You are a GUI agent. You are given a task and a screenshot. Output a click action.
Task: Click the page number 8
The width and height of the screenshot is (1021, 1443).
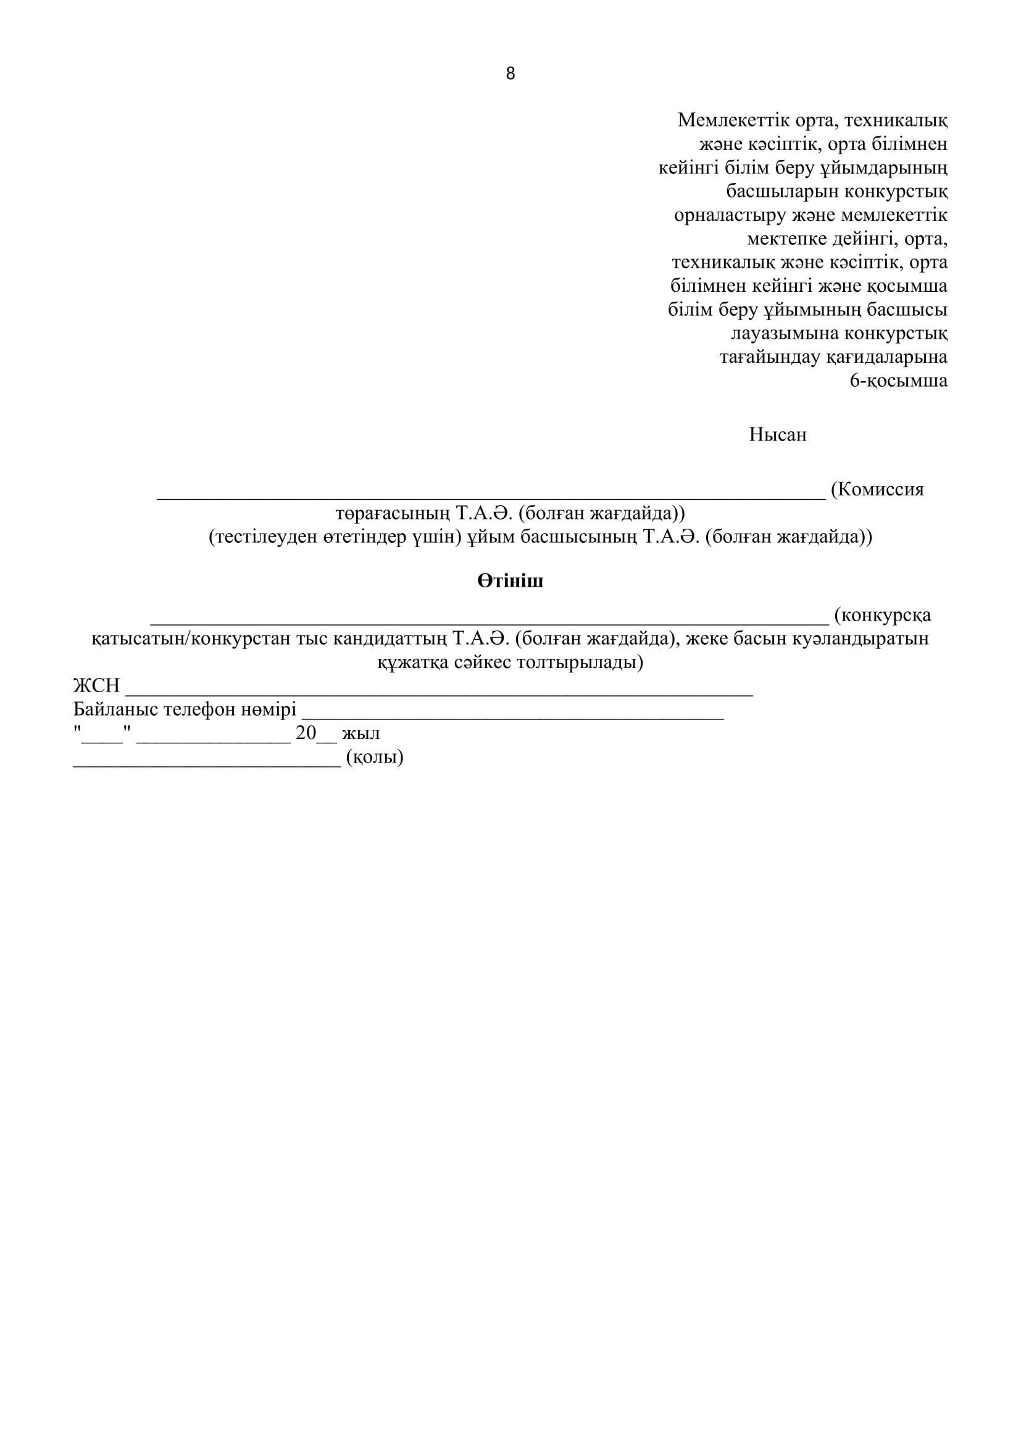point(510,74)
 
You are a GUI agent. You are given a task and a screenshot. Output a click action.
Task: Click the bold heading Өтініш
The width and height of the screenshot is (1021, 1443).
point(510,581)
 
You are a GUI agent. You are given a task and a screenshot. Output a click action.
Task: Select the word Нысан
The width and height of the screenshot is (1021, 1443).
point(777,435)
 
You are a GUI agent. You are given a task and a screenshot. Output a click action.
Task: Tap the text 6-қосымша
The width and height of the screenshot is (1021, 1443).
point(898,381)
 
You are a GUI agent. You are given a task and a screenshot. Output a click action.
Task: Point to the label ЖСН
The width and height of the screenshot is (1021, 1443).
point(96,685)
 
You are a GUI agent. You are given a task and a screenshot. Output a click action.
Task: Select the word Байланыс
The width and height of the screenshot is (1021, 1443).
point(115,709)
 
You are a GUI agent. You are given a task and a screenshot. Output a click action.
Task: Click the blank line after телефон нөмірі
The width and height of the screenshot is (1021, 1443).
point(512,715)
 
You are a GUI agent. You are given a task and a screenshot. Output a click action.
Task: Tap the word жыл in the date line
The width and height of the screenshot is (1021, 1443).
point(361,734)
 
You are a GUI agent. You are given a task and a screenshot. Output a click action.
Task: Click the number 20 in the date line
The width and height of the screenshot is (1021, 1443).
point(306,734)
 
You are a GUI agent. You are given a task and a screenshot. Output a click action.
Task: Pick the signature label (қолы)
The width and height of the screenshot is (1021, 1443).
point(375,758)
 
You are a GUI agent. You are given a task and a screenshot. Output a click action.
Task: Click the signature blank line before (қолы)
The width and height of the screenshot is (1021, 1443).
point(207,763)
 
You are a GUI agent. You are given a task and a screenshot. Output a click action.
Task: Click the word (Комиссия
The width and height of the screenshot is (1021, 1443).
point(877,490)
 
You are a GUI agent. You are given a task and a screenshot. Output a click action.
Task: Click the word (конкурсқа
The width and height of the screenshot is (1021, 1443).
point(882,614)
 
